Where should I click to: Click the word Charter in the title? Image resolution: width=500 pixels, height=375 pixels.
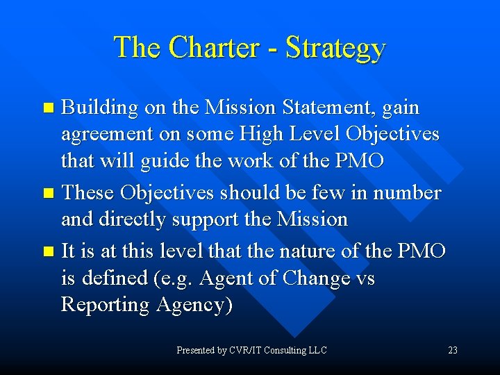point(212,47)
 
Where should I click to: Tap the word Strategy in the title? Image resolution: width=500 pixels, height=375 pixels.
point(335,49)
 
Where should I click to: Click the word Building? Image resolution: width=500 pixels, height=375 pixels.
point(100,108)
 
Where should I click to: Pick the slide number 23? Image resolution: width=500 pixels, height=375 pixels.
point(453,351)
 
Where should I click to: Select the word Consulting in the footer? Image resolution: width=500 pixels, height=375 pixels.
point(285,351)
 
